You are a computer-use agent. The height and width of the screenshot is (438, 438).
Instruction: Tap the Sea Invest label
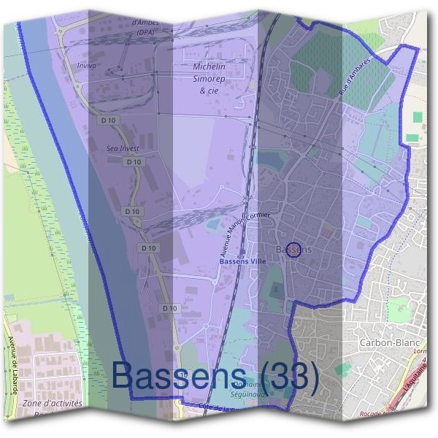(x=122, y=147)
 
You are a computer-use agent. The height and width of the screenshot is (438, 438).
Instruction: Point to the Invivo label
(x=86, y=65)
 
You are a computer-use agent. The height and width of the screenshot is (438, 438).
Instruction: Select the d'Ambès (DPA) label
(x=145, y=27)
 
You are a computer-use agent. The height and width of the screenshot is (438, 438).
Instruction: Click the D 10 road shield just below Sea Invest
(x=132, y=162)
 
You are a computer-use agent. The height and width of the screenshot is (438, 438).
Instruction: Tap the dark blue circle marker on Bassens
(x=293, y=250)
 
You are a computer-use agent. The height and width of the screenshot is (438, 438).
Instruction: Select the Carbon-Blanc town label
(x=387, y=342)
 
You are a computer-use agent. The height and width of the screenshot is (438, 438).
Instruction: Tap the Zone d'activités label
(x=53, y=403)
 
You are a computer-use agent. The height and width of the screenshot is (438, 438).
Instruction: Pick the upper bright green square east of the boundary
(x=418, y=117)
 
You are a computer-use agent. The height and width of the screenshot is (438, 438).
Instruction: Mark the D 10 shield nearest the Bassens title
(x=169, y=308)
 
